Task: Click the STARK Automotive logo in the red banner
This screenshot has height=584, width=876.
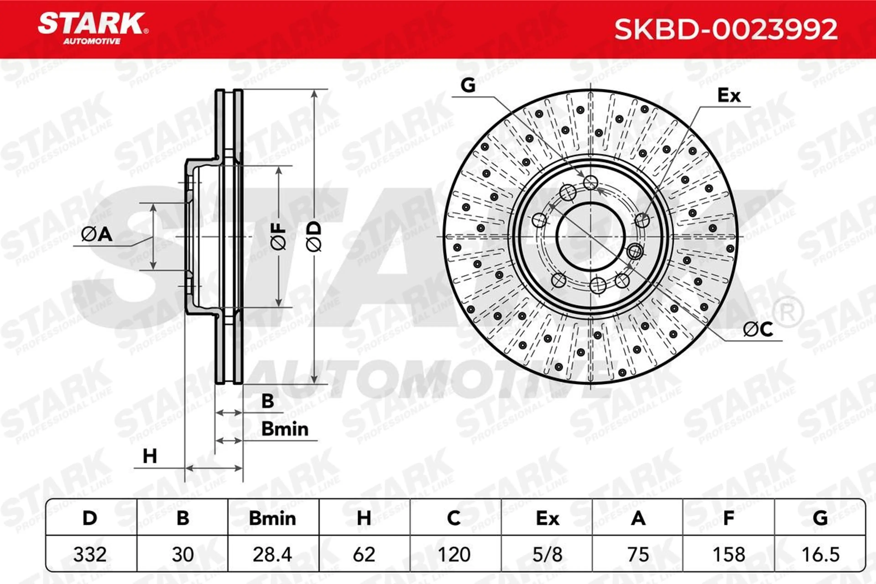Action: pyautogui.click(x=93, y=29)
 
